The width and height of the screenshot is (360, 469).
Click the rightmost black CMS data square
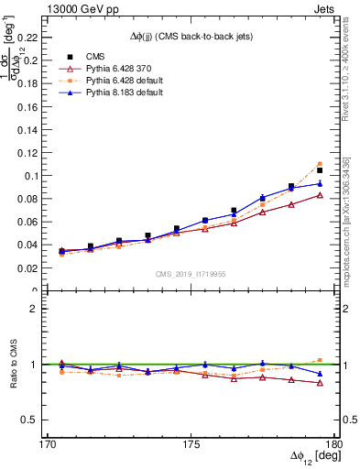(320, 170)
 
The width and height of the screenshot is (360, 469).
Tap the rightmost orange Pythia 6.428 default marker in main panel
(320, 164)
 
